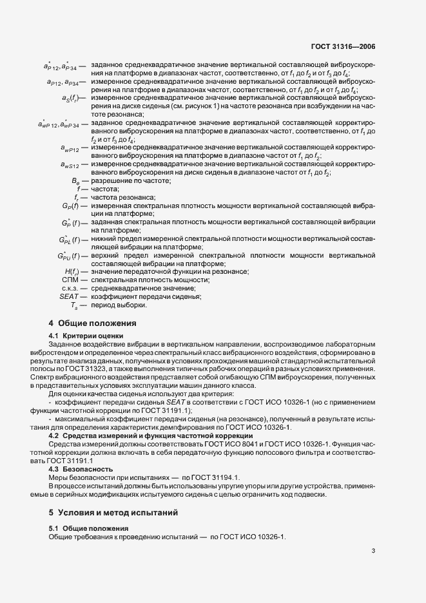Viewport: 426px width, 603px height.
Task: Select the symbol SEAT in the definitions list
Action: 68,296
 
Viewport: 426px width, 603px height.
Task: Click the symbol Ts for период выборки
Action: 74,305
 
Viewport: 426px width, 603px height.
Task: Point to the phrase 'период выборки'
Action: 114,305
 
